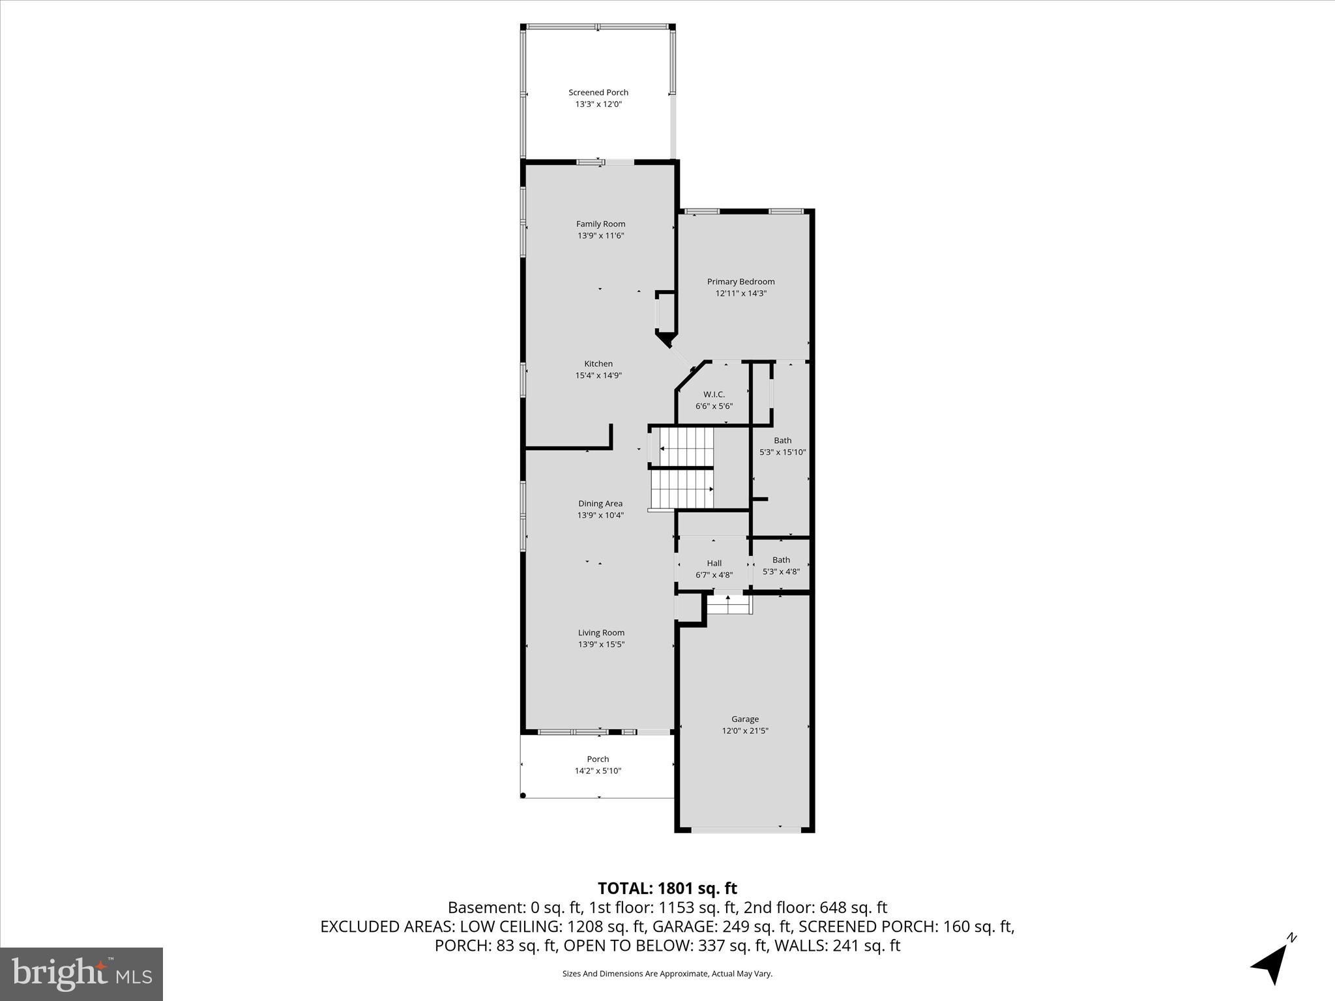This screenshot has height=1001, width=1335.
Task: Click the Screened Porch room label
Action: [x=598, y=93]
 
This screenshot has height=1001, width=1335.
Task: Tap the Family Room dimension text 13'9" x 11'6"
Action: [x=601, y=236]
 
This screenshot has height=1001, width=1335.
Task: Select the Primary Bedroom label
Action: [x=741, y=282]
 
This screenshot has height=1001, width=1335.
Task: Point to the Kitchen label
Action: [x=598, y=364]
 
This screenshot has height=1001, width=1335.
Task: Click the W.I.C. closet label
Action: [x=714, y=394]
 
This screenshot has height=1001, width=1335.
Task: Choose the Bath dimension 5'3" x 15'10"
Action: [x=783, y=452]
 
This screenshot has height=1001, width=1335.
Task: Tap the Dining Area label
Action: [x=600, y=503]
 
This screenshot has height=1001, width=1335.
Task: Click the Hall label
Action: [x=714, y=563]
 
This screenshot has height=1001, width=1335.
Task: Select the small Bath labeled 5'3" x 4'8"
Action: [x=781, y=566]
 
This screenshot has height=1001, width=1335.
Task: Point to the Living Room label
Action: [x=601, y=632]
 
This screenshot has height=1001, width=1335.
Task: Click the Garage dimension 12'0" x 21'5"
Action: [x=745, y=731]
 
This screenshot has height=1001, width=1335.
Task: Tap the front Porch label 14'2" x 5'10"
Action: [x=598, y=765]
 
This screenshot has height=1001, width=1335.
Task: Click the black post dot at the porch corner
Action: [x=523, y=796]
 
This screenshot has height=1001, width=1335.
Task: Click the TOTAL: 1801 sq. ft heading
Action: [x=667, y=888]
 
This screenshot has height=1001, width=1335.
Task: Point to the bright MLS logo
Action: [x=81, y=974]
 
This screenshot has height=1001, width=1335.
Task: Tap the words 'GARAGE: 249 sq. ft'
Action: [x=721, y=926]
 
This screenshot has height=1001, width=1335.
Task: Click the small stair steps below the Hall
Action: [x=728, y=604]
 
